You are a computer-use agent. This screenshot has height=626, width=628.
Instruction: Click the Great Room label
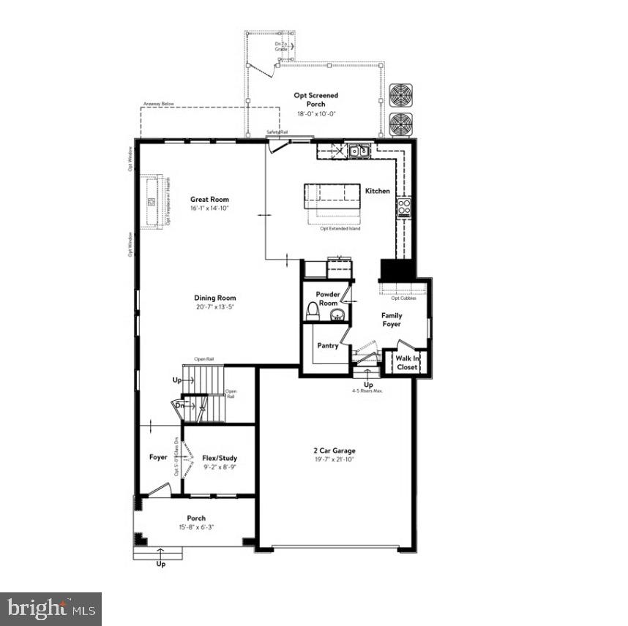pyautogui.click(x=209, y=199)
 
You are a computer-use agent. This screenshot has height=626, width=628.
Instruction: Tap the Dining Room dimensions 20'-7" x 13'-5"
pyautogui.click(x=215, y=307)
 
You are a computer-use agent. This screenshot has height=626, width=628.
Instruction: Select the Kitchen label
pyautogui.click(x=378, y=191)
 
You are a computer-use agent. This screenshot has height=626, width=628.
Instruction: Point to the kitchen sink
pyautogui.click(x=359, y=151)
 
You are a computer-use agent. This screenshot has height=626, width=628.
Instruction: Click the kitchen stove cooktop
pyautogui.click(x=403, y=207)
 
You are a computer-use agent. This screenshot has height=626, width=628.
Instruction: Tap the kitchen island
pyautogui.click(x=333, y=197)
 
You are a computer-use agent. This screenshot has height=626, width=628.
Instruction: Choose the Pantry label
pyautogui.click(x=328, y=345)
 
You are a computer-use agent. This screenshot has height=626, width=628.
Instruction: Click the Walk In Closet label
pyautogui.click(x=407, y=363)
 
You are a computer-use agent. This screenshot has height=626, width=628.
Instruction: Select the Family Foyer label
pyautogui.click(x=392, y=320)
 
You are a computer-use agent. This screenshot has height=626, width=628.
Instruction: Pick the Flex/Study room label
pyautogui.click(x=220, y=459)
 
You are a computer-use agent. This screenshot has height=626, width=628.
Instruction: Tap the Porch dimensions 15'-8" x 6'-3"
pyautogui.click(x=195, y=527)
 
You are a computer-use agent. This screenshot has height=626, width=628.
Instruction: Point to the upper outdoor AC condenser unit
pyautogui.click(x=401, y=96)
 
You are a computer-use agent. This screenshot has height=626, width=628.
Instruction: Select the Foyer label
pyautogui.click(x=158, y=457)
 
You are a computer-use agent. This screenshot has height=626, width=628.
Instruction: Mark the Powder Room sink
pyautogui.click(x=337, y=315)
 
